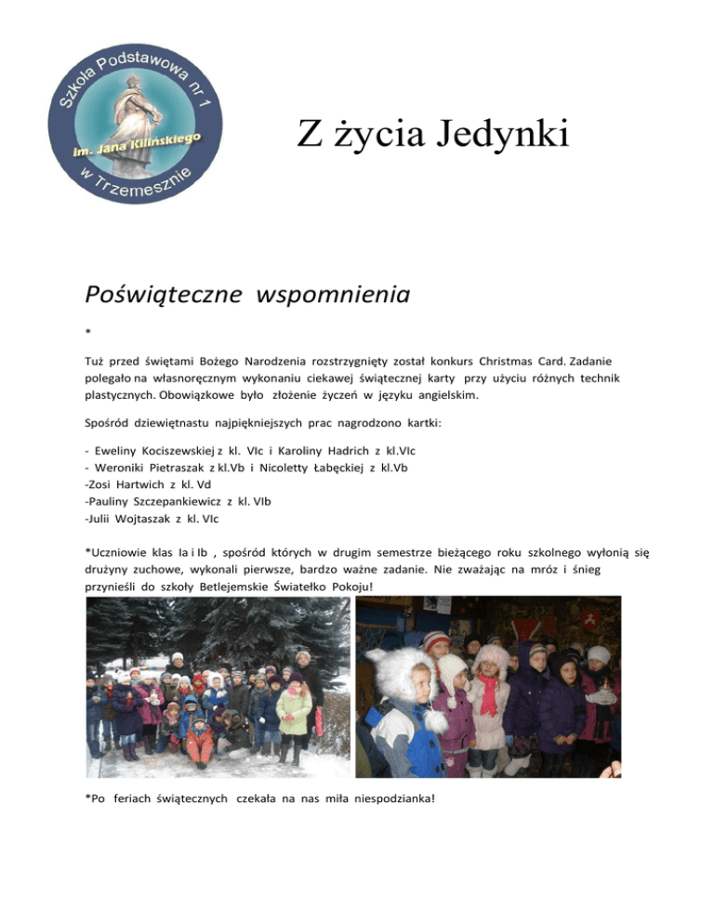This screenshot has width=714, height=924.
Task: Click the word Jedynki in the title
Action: click(x=503, y=134)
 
